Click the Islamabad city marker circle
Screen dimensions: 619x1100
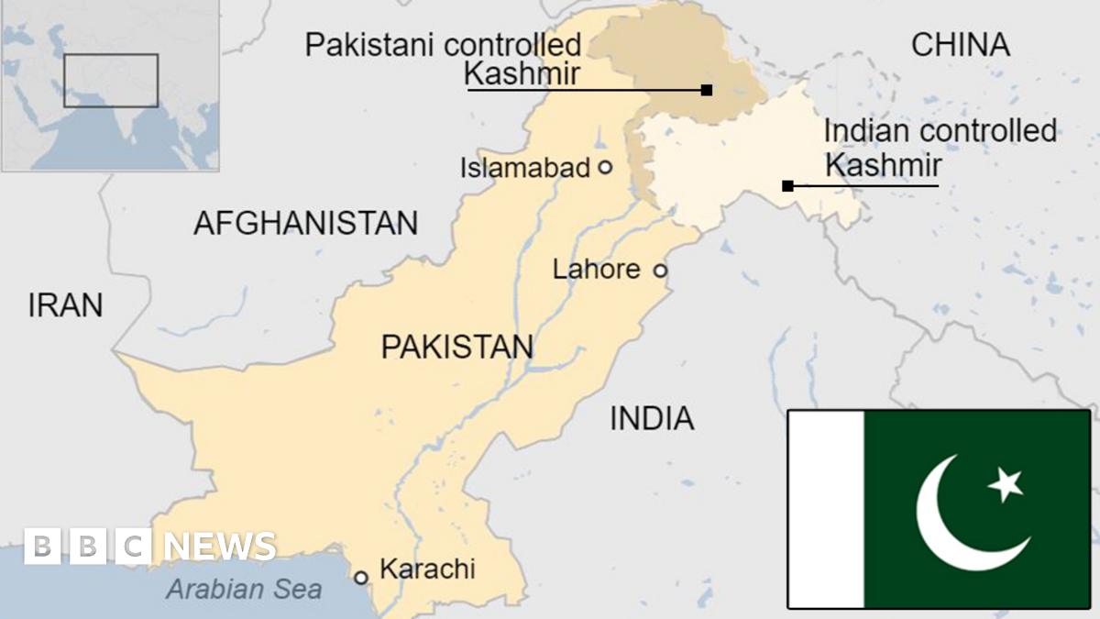(x=604, y=167)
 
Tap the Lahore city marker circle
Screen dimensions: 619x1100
(x=659, y=271)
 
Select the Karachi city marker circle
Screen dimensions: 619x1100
(x=361, y=577)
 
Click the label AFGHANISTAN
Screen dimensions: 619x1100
(x=305, y=223)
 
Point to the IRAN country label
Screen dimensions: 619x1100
(x=65, y=305)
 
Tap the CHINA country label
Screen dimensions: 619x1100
(x=960, y=45)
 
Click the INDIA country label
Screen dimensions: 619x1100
(x=652, y=419)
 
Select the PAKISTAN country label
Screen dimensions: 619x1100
(x=456, y=347)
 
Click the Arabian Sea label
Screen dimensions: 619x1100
(x=244, y=589)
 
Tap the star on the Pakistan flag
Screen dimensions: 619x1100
(x=1006, y=483)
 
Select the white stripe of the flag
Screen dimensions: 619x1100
(x=825, y=509)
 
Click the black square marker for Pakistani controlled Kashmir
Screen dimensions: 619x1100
(x=707, y=90)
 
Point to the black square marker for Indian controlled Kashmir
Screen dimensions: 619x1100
(x=787, y=186)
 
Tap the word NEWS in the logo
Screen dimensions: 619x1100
(x=220, y=547)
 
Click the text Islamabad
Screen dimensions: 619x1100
(x=524, y=168)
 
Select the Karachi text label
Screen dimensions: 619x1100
(x=427, y=569)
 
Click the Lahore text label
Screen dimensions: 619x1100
(x=597, y=270)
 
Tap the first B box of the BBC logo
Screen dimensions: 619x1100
(x=41, y=547)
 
